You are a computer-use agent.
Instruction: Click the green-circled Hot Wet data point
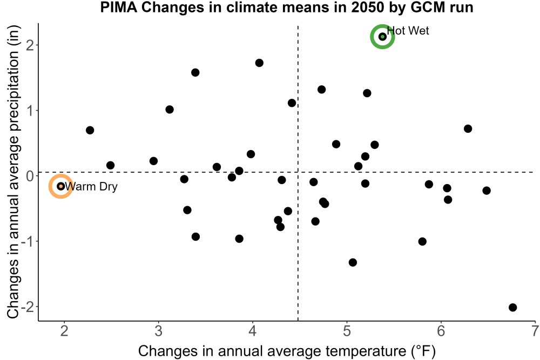(x=382, y=37)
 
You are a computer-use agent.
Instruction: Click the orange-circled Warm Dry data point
(x=61, y=186)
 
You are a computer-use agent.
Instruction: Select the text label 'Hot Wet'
(x=408, y=31)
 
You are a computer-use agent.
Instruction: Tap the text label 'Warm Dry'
(x=91, y=187)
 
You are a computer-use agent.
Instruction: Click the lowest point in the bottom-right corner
(x=513, y=307)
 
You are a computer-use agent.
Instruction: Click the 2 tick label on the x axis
(x=64, y=331)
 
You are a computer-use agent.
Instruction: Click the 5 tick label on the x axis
(x=347, y=331)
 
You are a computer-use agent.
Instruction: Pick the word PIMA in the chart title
(x=119, y=7)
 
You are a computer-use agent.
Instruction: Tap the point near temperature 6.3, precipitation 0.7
(x=468, y=128)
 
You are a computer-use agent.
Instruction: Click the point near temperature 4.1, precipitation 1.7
(x=259, y=63)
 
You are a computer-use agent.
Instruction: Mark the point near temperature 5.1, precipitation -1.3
(x=353, y=262)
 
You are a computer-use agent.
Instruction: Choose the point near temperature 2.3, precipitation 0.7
(x=90, y=130)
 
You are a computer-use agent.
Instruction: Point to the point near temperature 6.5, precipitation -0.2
(x=487, y=191)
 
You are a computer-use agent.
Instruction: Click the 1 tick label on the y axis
(x=30, y=111)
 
